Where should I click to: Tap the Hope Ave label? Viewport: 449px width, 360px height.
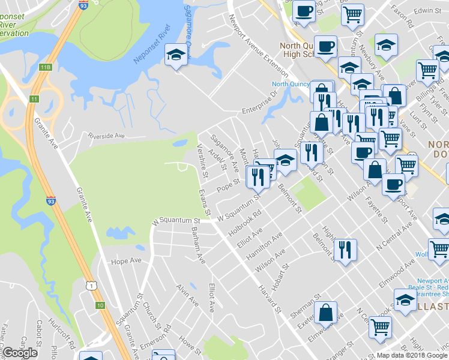click(126, 262)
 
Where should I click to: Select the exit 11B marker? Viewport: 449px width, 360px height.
click(46, 67)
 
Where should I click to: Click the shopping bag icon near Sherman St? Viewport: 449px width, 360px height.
click(326, 313)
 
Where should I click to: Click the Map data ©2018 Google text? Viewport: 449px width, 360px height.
click(411, 355)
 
